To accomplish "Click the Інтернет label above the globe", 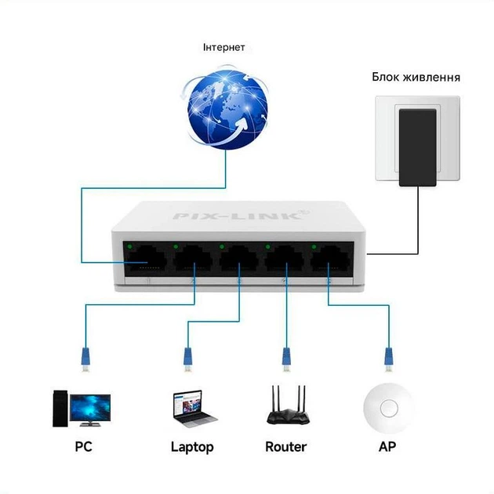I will click(223, 48).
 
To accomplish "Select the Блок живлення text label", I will click(416, 78).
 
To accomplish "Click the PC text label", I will click(84, 448).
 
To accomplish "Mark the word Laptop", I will click(192, 448).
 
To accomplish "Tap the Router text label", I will click(285, 447).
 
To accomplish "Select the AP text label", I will click(388, 447).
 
